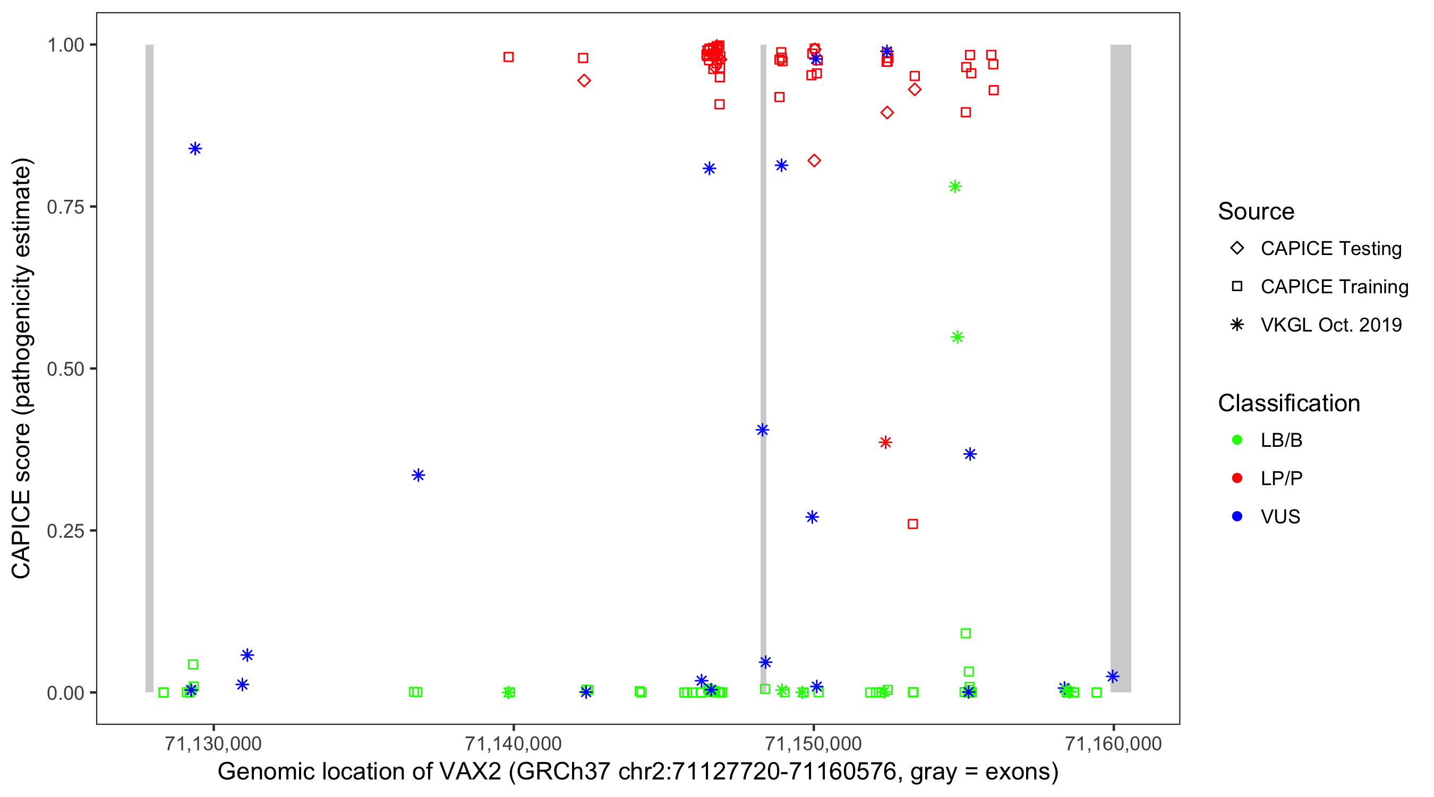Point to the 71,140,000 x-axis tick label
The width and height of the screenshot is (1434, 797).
tap(513, 743)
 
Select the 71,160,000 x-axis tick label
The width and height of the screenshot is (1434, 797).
tap(1113, 743)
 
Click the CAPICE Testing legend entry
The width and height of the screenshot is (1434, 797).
tap(1330, 249)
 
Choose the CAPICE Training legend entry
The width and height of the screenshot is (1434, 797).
tap(1334, 287)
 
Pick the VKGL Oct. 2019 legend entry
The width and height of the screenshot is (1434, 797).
tap(1330, 325)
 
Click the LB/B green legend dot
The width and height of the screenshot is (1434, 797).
tap(1237, 440)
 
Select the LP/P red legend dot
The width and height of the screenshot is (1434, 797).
tap(1237, 478)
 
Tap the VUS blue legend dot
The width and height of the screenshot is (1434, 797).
tap(1237, 517)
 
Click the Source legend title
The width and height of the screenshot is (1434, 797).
tap(1256, 211)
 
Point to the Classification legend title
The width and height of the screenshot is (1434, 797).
tap(1288, 403)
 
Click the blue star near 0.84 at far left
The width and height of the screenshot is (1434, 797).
tap(195, 149)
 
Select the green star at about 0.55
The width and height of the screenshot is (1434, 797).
tap(957, 337)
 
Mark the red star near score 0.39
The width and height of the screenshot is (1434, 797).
tap(885, 443)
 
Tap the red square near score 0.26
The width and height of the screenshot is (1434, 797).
tap(912, 524)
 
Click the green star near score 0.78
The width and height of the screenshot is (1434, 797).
tap(955, 186)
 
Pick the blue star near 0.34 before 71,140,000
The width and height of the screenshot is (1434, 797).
tap(418, 475)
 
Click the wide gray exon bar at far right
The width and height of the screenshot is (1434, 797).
tap(1120, 368)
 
